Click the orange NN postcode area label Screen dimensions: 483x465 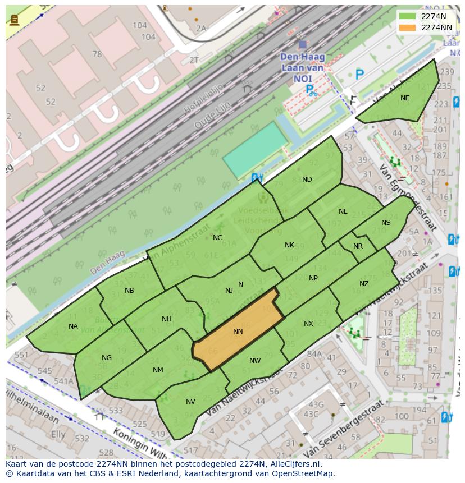[x=238, y=332]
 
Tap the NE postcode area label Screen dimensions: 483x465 [x=405, y=98]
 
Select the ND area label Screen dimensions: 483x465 [x=307, y=180]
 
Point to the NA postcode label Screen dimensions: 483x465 [x=74, y=326]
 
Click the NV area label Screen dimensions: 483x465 [x=190, y=402]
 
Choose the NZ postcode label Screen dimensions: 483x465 [x=364, y=284]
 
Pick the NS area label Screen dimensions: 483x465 [x=386, y=223]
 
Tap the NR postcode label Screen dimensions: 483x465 [x=358, y=246]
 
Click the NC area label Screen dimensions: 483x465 [x=217, y=238]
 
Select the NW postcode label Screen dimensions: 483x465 [x=255, y=361]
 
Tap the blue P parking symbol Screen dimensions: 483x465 [x=359, y=73]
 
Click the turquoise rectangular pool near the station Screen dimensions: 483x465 [x=256, y=149]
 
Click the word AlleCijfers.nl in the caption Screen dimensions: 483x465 [x=294, y=464]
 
